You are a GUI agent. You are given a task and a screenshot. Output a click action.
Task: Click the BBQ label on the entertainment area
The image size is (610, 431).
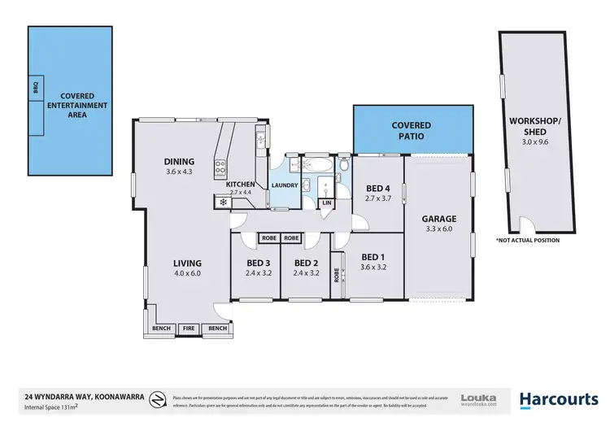35,88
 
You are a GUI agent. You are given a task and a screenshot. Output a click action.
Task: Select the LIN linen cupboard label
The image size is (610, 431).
327,202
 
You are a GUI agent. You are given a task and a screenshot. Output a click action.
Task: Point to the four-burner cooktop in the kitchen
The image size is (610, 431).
220,169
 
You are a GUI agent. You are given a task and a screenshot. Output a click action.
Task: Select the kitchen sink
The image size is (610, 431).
258,143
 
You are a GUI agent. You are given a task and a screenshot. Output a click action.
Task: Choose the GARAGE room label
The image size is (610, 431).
438,219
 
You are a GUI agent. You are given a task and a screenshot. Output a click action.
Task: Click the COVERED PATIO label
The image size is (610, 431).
412,131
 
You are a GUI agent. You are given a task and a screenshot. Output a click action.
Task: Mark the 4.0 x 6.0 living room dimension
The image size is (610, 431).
186,273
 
